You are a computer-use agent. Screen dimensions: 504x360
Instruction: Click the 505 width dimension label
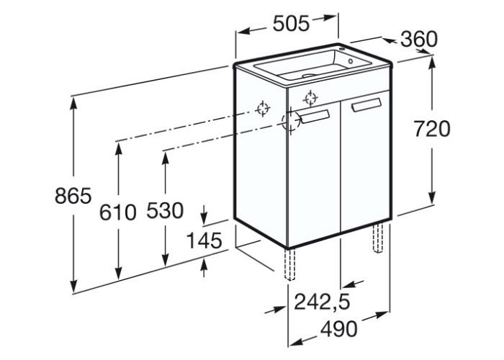coord(291,24)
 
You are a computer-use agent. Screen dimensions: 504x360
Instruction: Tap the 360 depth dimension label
coord(419,39)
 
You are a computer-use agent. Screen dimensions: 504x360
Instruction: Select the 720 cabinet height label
coord(432,129)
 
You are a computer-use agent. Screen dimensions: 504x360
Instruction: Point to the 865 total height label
coord(73,196)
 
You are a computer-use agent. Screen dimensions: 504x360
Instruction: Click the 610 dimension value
coord(118,212)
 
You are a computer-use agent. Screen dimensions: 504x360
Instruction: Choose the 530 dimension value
coord(165,210)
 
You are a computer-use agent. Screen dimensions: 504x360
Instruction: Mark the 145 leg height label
coord(204,240)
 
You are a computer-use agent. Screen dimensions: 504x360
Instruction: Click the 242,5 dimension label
coord(322,302)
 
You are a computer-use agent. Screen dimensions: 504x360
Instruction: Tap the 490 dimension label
coord(338,328)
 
